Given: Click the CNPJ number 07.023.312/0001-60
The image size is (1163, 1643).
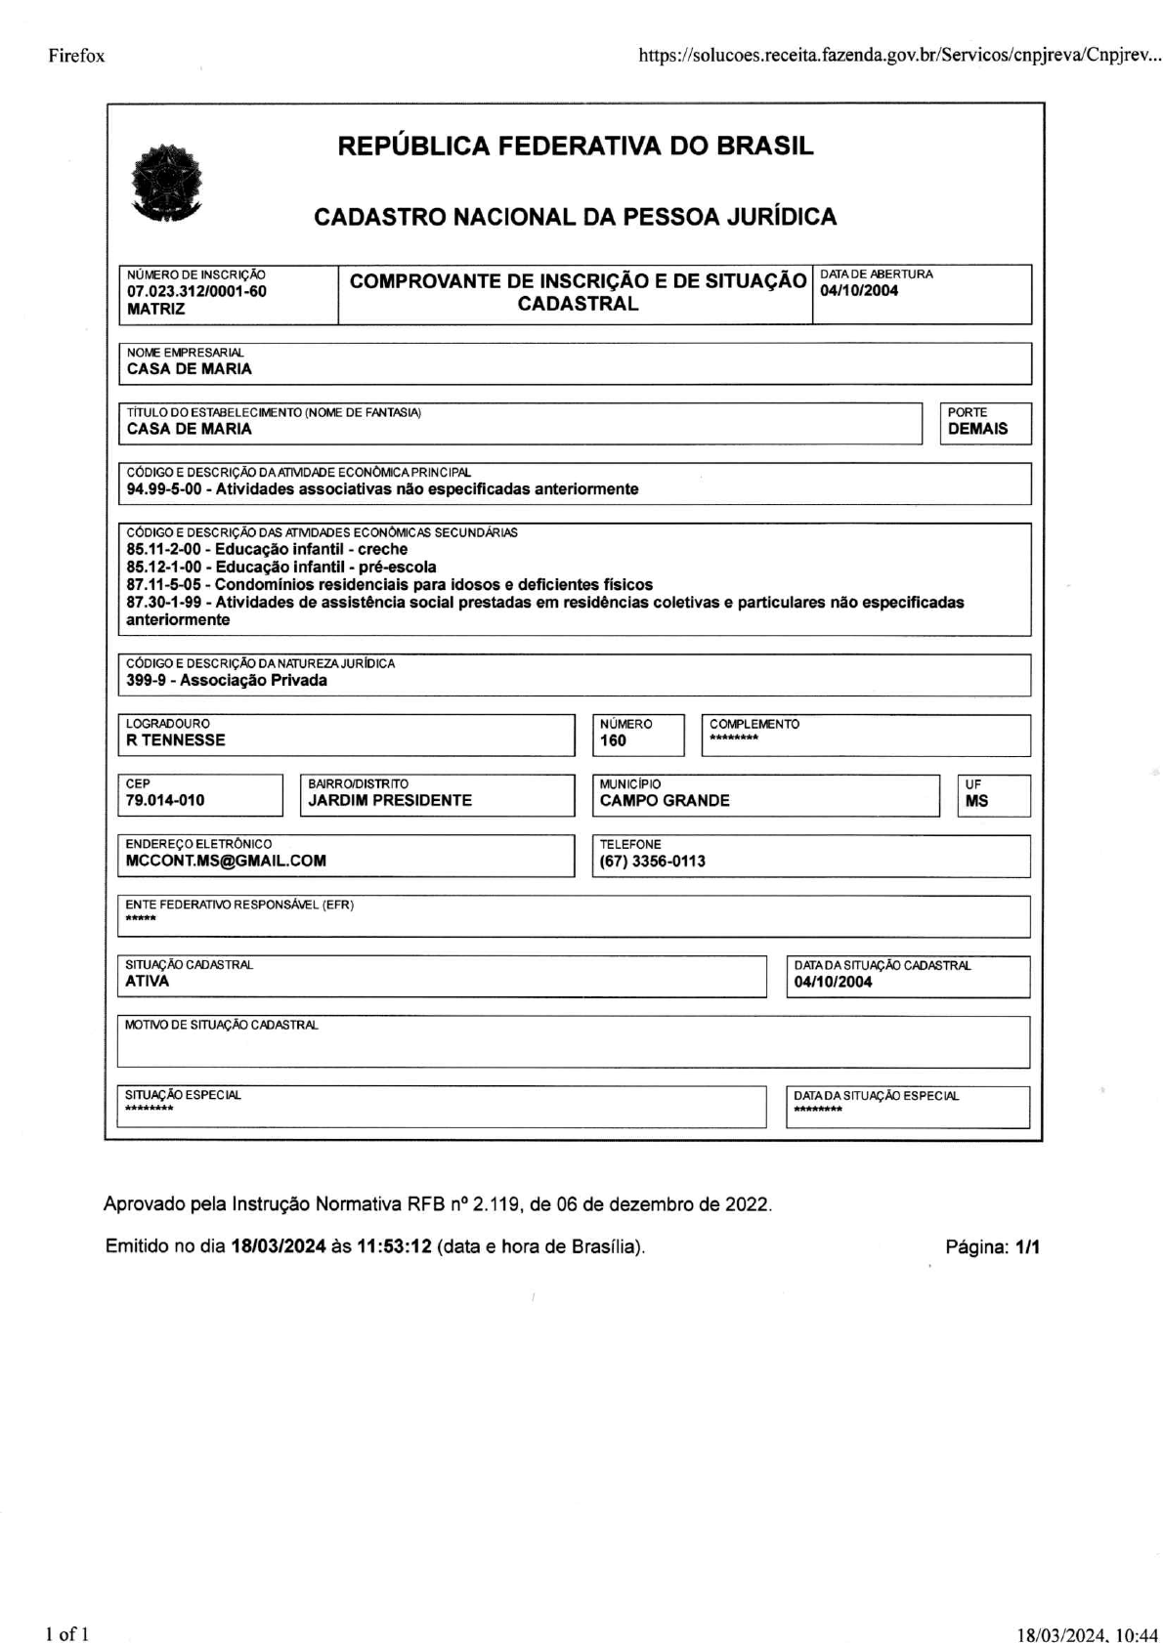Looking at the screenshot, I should (x=196, y=291).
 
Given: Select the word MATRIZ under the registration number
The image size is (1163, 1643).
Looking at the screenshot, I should (x=155, y=309).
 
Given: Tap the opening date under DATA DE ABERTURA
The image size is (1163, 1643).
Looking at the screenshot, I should (x=859, y=290).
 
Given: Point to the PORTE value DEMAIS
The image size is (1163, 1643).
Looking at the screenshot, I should (x=977, y=428).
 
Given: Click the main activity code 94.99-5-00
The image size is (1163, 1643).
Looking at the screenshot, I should (x=164, y=488).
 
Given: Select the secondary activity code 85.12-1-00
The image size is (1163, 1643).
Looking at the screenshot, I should (x=164, y=567).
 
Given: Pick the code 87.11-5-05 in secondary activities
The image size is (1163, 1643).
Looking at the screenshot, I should (x=164, y=584).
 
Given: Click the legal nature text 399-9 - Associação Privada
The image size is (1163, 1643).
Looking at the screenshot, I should (x=227, y=680).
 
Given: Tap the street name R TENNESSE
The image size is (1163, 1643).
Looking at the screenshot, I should (x=176, y=739).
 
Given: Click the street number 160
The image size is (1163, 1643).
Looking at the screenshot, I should (x=613, y=740).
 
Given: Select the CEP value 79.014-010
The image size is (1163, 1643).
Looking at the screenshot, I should (x=165, y=800).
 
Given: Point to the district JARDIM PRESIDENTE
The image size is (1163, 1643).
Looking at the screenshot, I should (x=390, y=800).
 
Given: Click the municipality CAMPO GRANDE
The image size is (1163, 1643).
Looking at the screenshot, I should (x=665, y=800).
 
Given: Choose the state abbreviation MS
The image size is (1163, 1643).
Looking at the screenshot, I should (x=976, y=801).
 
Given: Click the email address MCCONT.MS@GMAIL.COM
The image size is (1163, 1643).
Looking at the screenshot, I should (x=226, y=861).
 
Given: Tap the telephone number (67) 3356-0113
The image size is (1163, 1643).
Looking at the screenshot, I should (x=652, y=861).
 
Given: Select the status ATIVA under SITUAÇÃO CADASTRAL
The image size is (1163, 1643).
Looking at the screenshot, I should (x=147, y=981).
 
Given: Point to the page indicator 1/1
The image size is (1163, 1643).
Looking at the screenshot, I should (x=1027, y=1246).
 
